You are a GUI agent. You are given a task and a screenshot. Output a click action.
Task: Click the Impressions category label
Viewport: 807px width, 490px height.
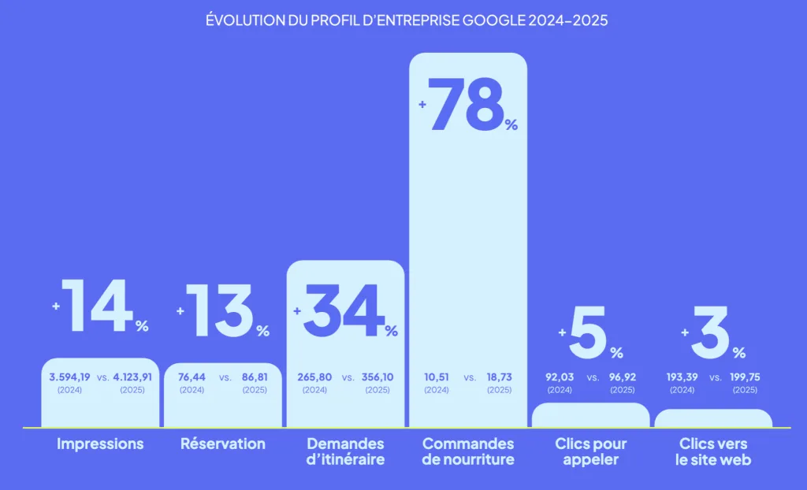(x=100, y=444)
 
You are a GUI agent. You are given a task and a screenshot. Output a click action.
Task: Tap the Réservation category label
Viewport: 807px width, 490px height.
(x=223, y=444)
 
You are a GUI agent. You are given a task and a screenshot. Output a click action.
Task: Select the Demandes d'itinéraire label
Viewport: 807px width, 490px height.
(x=345, y=451)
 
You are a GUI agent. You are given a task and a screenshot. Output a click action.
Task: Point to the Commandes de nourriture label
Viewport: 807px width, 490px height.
(x=468, y=451)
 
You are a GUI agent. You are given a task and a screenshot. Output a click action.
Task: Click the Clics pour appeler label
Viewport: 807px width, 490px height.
(x=590, y=451)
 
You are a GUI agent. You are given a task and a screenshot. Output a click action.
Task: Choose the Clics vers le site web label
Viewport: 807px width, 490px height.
(x=713, y=451)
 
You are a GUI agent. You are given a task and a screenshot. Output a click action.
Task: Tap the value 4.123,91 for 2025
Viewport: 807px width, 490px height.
(x=132, y=377)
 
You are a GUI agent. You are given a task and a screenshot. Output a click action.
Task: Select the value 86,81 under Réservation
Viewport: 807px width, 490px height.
(x=255, y=377)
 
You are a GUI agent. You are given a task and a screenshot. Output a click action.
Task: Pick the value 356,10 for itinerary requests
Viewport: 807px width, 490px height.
(x=377, y=377)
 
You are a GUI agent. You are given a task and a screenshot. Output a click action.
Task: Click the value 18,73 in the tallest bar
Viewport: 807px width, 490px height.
(x=499, y=377)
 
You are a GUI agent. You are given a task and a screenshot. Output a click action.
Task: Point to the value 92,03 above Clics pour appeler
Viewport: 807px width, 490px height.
(x=560, y=377)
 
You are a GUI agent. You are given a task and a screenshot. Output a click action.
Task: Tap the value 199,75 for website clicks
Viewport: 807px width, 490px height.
(x=745, y=377)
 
